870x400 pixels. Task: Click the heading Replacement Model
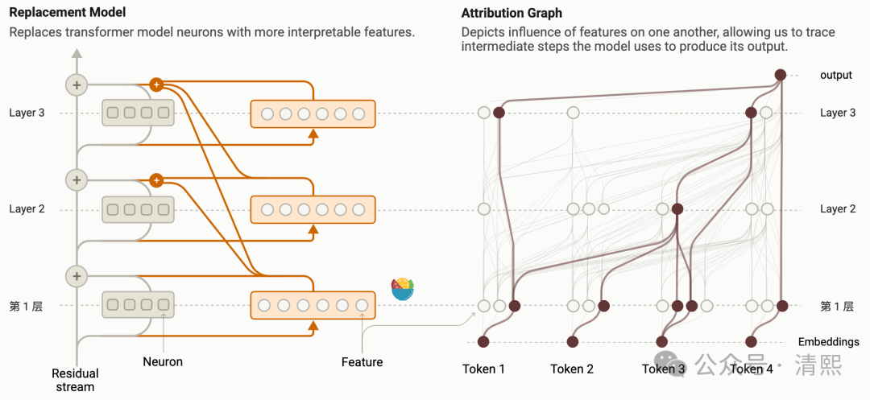(x=67, y=14)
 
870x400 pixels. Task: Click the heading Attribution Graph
(x=512, y=14)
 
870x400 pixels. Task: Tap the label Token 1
(x=483, y=369)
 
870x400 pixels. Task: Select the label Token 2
(x=572, y=369)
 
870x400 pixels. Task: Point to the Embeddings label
(x=828, y=342)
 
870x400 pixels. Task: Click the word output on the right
(x=835, y=76)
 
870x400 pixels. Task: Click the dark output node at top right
(x=780, y=75)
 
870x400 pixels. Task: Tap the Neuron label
(x=163, y=362)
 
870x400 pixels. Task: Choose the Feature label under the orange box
(x=362, y=362)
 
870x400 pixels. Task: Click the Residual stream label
(x=75, y=380)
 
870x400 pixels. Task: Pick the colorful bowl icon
(x=402, y=288)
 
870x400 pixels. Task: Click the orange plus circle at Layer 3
(x=156, y=84)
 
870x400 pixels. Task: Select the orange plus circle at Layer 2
(x=156, y=179)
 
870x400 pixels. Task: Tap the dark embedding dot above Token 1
(x=483, y=341)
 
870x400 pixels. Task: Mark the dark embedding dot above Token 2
(x=572, y=341)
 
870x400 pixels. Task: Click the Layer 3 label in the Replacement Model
(x=27, y=113)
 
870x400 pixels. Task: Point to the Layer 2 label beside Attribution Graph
(x=838, y=209)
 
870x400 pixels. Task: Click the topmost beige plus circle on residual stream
(x=77, y=85)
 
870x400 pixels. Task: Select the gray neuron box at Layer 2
(x=138, y=209)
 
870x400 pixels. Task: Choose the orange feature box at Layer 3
(x=313, y=113)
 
